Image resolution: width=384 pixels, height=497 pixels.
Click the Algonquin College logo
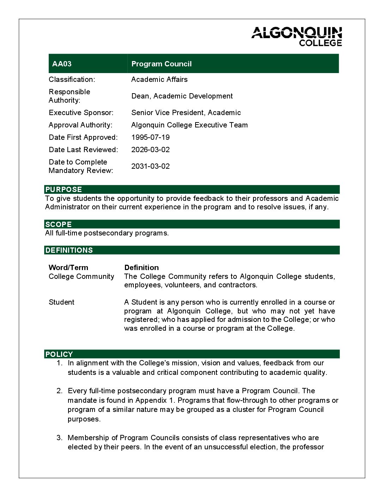coord(296,36)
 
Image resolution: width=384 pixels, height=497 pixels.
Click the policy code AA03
coord(62,64)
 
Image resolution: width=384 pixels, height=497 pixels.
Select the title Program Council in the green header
coord(161,64)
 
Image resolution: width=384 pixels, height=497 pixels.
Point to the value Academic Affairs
coord(159,79)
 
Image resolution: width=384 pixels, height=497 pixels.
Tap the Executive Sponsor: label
coord(81,113)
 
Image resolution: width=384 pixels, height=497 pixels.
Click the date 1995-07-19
coord(150,137)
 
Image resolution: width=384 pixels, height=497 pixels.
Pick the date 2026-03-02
coord(150,150)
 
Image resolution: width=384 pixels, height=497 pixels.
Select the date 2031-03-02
coord(150,166)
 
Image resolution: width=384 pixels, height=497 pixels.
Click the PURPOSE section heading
coord(64,190)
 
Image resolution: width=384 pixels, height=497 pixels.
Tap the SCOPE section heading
coord(59,224)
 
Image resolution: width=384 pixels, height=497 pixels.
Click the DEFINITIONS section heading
coord(69,250)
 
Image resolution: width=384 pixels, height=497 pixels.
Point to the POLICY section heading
coord(59,354)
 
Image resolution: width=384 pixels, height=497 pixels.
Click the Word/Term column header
coord(68,268)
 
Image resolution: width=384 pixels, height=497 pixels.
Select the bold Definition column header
coord(142,268)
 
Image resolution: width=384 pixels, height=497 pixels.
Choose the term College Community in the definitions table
coord(82,276)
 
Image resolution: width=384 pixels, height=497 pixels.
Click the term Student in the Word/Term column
coord(61,302)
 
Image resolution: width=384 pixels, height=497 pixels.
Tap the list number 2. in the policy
coord(60,391)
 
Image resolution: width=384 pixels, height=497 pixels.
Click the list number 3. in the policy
coord(60,438)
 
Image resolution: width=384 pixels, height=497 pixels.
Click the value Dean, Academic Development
coord(182,96)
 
